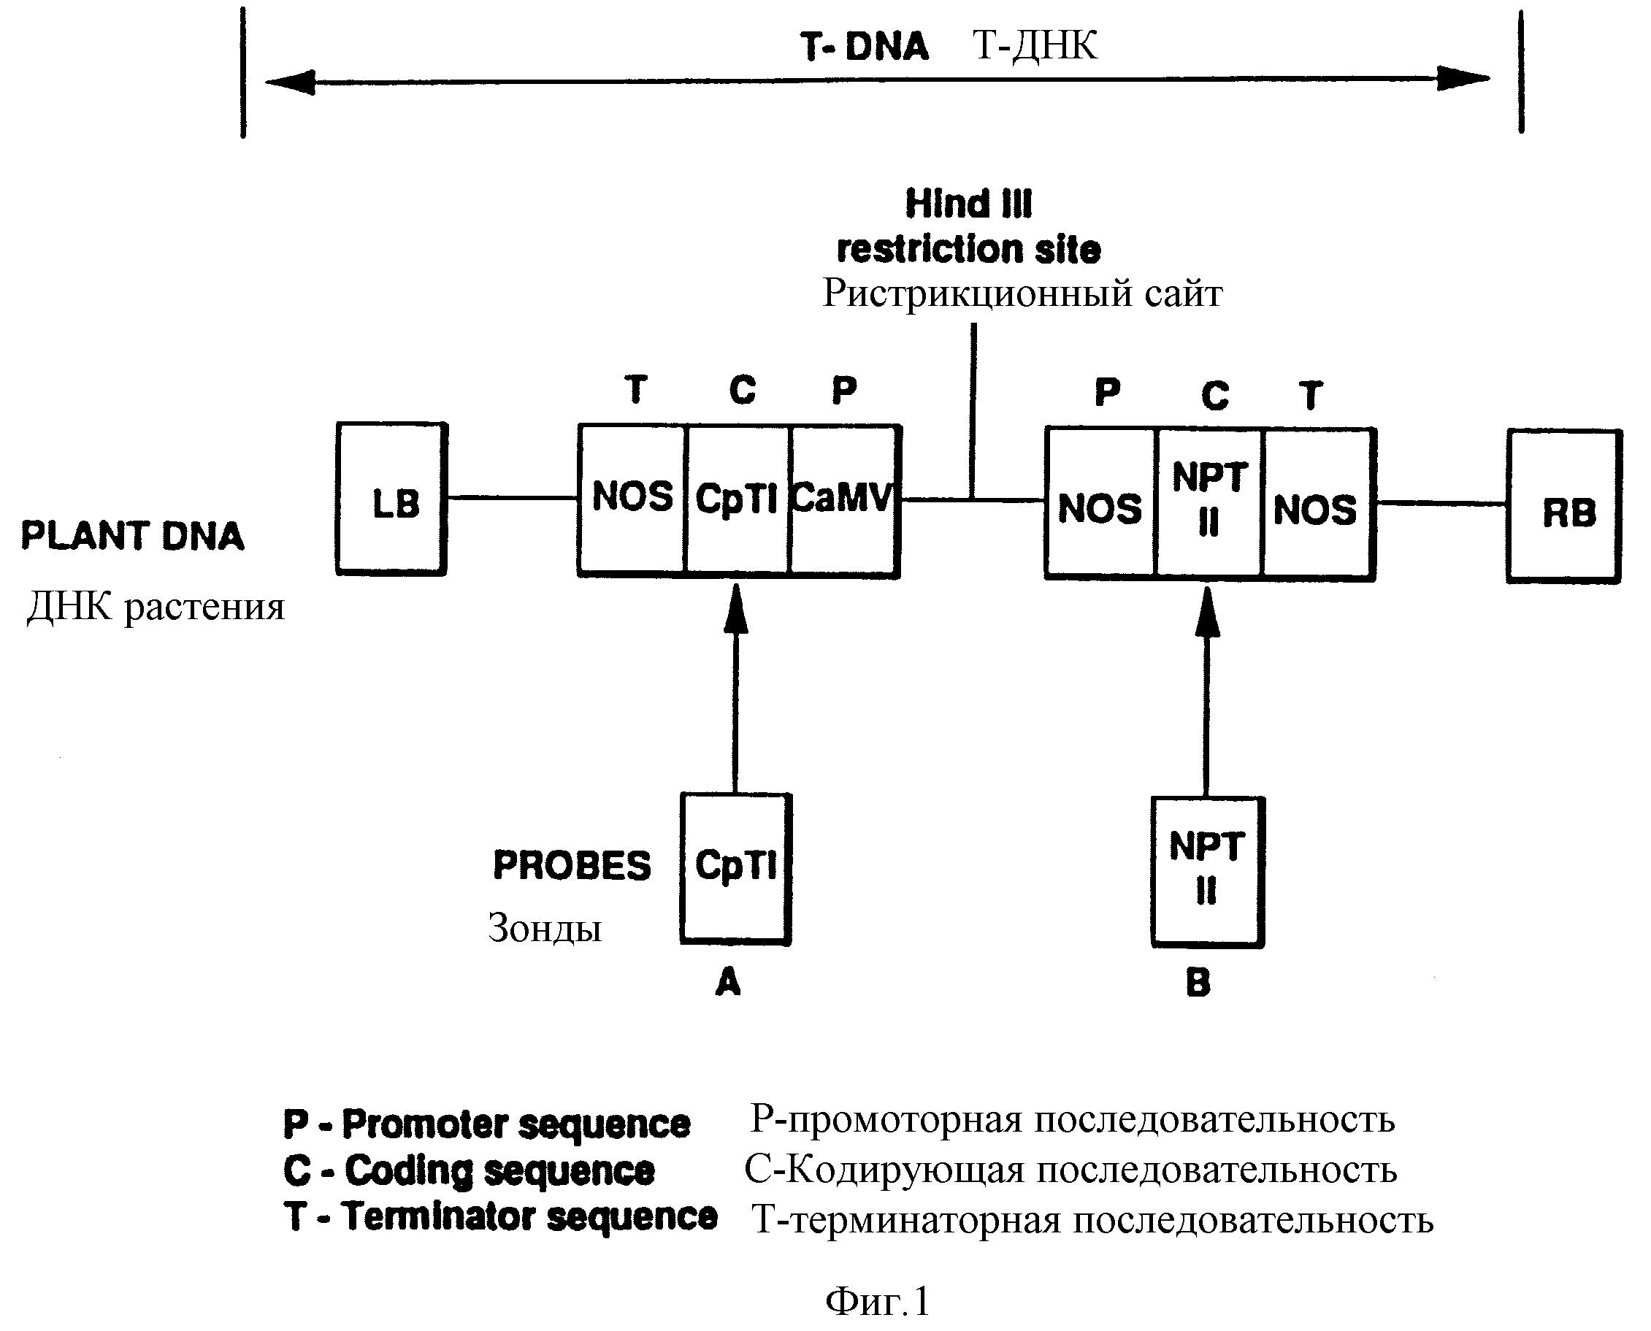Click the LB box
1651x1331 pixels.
pyautogui.click(x=392, y=499)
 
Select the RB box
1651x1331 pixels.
pyautogui.click(x=1564, y=507)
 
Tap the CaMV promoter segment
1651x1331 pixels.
pyautogui.click(x=845, y=500)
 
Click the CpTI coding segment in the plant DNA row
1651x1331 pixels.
pyautogui.click(x=737, y=500)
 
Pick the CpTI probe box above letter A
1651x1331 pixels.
pyautogui.click(x=736, y=869)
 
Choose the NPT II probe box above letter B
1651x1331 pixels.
pyautogui.click(x=1208, y=872)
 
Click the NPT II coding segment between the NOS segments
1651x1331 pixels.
pyautogui.click(x=1209, y=503)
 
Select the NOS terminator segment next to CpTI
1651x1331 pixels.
pyautogui.click(x=632, y=500)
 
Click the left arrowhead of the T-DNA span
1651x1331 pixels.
pyautogui.click(x=290, y=81)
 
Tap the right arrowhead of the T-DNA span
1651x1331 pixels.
pyautogui.click(x=1463, y=77)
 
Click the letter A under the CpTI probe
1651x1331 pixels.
pyautogui.click(x=728, y=982)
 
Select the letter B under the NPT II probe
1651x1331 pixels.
pyautogui.click(x=1198, y=983)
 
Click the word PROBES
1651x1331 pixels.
pyautogui.click(x=571, y=866)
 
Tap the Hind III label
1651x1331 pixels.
pyautogui.click(x=968, y=204)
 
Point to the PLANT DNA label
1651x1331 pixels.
pyautogui.click(x=132, y=536)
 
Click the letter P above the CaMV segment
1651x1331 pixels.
pyautogui.click(x=844, y=391)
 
